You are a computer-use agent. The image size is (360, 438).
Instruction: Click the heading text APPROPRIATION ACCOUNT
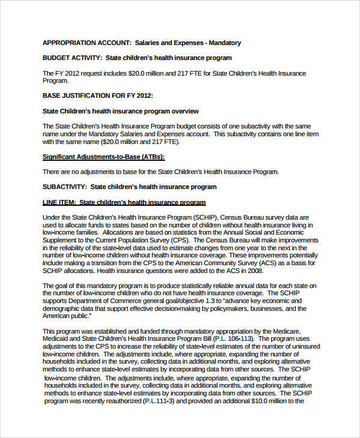click(86, 43)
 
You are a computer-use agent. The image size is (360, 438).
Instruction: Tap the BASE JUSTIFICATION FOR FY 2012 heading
click(98, 95)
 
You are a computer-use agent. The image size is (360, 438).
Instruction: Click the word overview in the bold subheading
click(185, 111)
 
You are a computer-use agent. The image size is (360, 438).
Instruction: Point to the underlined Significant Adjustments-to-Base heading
click(103, 157)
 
